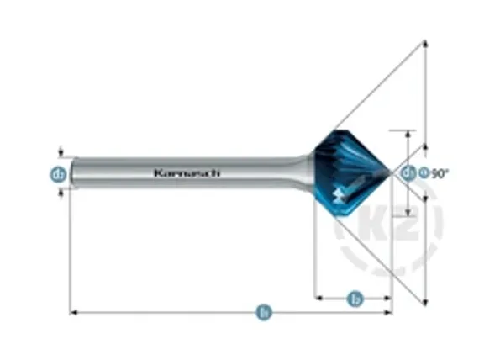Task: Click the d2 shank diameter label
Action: click(59, 174)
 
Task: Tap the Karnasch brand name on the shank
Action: click(187, 173)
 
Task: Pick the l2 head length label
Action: click(355, 297)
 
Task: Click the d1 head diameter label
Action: click(408, 173)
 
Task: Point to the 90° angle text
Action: click(440, 173)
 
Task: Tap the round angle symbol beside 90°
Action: click(424, 173)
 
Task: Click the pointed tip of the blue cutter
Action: click(391, 174)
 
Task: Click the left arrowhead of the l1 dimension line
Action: click(73, 313)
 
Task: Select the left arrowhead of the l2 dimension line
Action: click(318, 297)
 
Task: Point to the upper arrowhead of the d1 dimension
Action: click(409, 133)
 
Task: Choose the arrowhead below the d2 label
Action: click(60, 193)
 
